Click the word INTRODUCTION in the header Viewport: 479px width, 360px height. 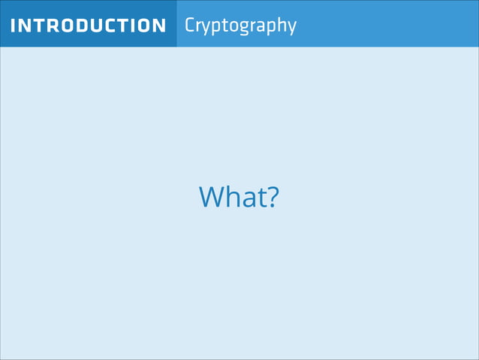[x=89, y=26]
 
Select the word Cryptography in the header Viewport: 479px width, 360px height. [x=240, y=25]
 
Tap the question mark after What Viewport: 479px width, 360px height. [x=273, y=197]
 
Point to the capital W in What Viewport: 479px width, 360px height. [x=212, y=197]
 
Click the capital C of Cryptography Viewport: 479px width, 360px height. [x=190, y=25]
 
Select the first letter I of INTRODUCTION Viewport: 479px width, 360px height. [x=13, y=26]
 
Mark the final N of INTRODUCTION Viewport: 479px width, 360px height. [x=158, y=26]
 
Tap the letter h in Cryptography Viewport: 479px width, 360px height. [x=282, y=25]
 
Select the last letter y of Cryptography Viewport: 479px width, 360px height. [x=292, y=28]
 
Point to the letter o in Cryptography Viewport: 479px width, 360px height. [x=233, y=26]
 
